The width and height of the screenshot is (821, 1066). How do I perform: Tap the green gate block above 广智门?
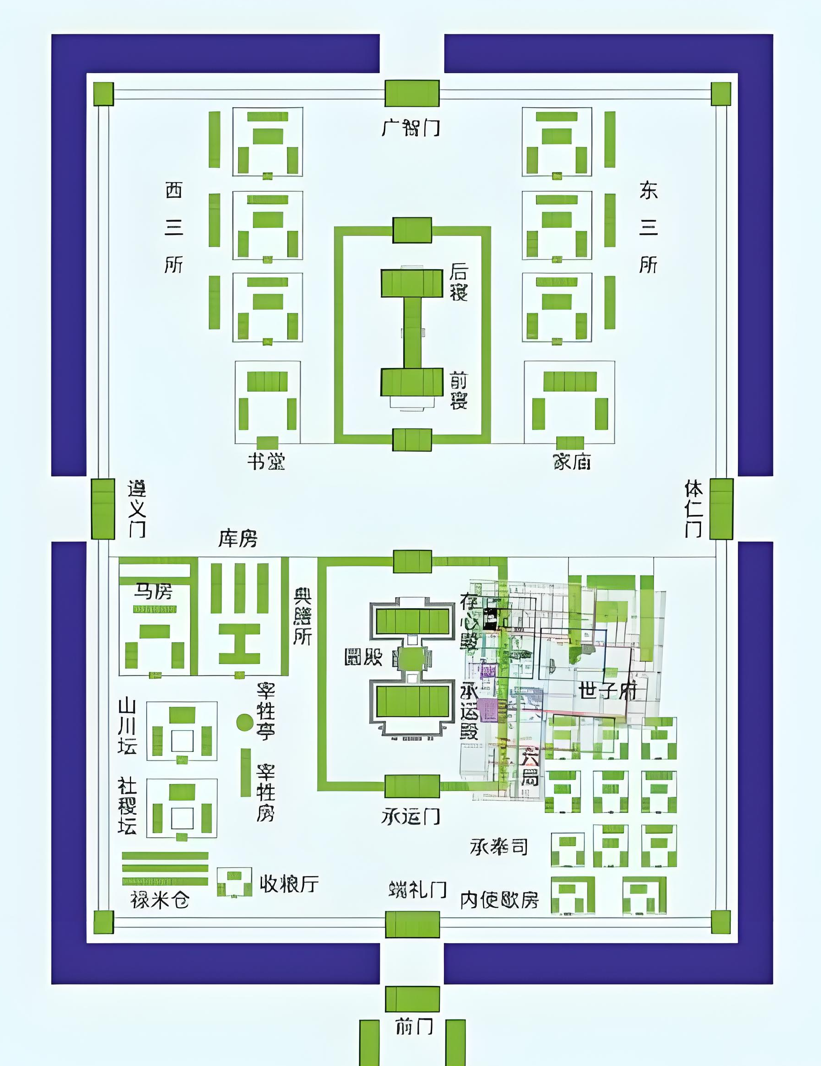412,93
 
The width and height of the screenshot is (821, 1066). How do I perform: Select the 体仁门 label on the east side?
693,508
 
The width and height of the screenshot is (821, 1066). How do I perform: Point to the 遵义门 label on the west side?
137,508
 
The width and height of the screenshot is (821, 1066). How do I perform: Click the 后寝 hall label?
459,282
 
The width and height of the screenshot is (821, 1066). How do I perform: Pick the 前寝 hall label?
459,391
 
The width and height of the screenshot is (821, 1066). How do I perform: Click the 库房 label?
237,539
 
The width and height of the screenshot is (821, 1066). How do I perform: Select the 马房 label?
154,592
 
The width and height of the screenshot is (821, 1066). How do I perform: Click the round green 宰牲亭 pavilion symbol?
245,722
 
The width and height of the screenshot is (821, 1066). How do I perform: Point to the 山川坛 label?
127,727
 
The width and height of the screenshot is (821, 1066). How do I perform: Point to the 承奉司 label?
499,847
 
